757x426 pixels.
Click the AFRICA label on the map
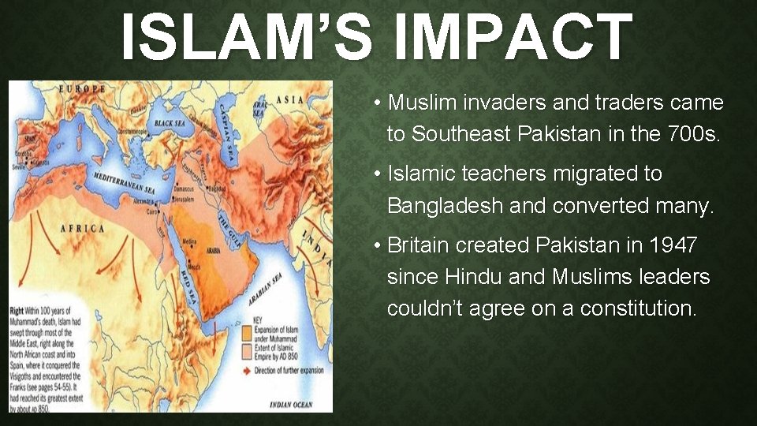82,229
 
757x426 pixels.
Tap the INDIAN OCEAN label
292,404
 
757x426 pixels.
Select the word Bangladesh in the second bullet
445,206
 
